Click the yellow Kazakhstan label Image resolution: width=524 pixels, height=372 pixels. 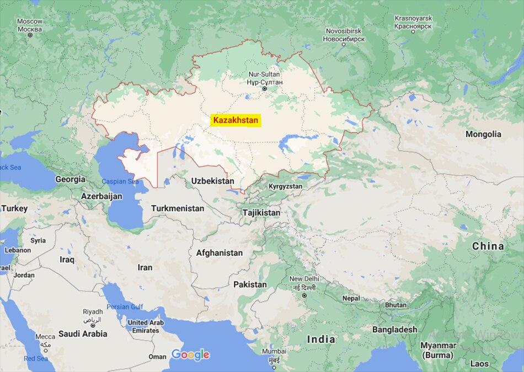click(236, 120)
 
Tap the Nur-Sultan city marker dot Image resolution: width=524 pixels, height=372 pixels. click(264, 89)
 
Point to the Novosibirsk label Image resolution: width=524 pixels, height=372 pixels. click(343, 35)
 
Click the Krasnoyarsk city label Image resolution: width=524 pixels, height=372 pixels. click(413, 22)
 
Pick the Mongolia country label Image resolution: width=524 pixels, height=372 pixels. click(483, 134)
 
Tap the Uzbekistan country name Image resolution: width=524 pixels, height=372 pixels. click(212, 181)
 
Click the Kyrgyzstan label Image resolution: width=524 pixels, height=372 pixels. click(285, 186)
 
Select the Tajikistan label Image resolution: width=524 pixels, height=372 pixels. click(261, 213)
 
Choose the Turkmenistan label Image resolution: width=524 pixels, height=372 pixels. click(177, 209)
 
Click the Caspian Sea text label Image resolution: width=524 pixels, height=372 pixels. click(121, 181)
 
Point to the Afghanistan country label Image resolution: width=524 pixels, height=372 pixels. click(219, 253)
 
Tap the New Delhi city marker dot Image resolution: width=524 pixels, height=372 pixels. click(304, 295)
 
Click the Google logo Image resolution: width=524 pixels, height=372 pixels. click(190, 355)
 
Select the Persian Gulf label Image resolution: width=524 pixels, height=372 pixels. click(125, 307)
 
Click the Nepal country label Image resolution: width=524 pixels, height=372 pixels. click(351, 298)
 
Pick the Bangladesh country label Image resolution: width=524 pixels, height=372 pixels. click(394, 330)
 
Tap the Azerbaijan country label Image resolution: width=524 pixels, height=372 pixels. click(101, 196)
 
